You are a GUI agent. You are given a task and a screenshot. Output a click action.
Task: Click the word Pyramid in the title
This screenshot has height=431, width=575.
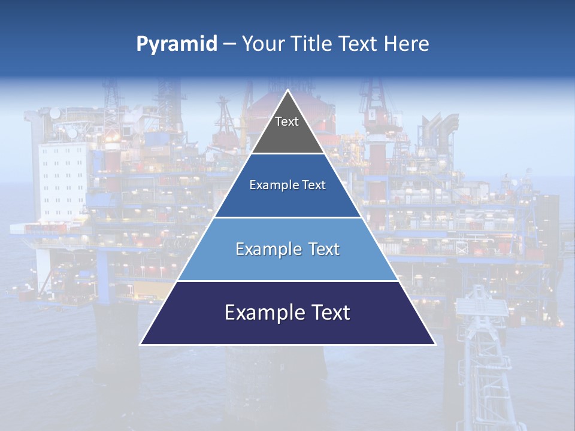coord(176,44)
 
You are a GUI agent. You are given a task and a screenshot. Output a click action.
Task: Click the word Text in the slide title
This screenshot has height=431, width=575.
coord(358,44)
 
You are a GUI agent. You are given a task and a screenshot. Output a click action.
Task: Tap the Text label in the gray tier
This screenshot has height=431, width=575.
coord(287,122)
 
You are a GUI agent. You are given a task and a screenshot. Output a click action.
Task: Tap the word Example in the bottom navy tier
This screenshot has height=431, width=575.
coord(261,312)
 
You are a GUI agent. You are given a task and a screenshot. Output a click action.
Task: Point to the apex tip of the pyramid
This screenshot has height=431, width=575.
coord(287,90)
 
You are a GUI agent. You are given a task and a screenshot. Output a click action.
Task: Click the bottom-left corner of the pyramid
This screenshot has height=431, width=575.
coord(140,344)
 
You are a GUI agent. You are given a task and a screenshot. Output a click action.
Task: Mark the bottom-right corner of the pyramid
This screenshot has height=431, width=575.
coord(435,344)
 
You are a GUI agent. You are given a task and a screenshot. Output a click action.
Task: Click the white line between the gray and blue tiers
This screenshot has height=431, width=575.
coord(287,153)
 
